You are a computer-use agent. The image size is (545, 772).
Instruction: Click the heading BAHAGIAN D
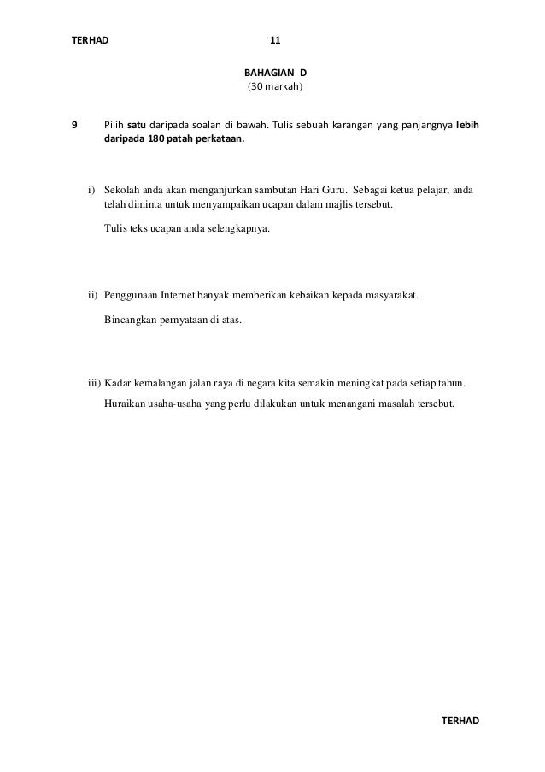pyautogui.click(x=275, y=73)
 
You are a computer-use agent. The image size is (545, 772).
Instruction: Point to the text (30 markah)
pyautogui.click(x=274, y=88)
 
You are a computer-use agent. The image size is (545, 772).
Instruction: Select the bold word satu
pyautogui.click(x=137, y=125)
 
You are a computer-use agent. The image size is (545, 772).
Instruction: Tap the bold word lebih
pyautogui.click(x=467, y=125)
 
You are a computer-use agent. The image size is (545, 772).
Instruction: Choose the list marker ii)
pyautogui.click(x=93, y=297)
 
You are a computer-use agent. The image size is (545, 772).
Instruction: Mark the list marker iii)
pyautogui.click(x=94, y=383)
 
